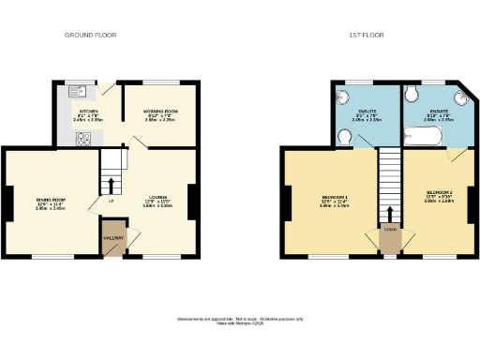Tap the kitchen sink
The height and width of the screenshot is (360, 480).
[82, 91]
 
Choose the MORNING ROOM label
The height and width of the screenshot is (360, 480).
[160, 112]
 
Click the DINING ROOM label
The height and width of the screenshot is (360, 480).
[50, 200]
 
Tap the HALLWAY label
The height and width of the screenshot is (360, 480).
[112, 237]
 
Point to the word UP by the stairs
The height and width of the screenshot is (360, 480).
[112, 199]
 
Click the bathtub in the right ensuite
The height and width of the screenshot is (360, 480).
[430, 138]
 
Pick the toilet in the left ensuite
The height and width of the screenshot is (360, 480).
[344, 138]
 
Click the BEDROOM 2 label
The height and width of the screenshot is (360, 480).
[438, 197]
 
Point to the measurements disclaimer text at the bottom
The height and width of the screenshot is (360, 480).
[240, 322]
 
